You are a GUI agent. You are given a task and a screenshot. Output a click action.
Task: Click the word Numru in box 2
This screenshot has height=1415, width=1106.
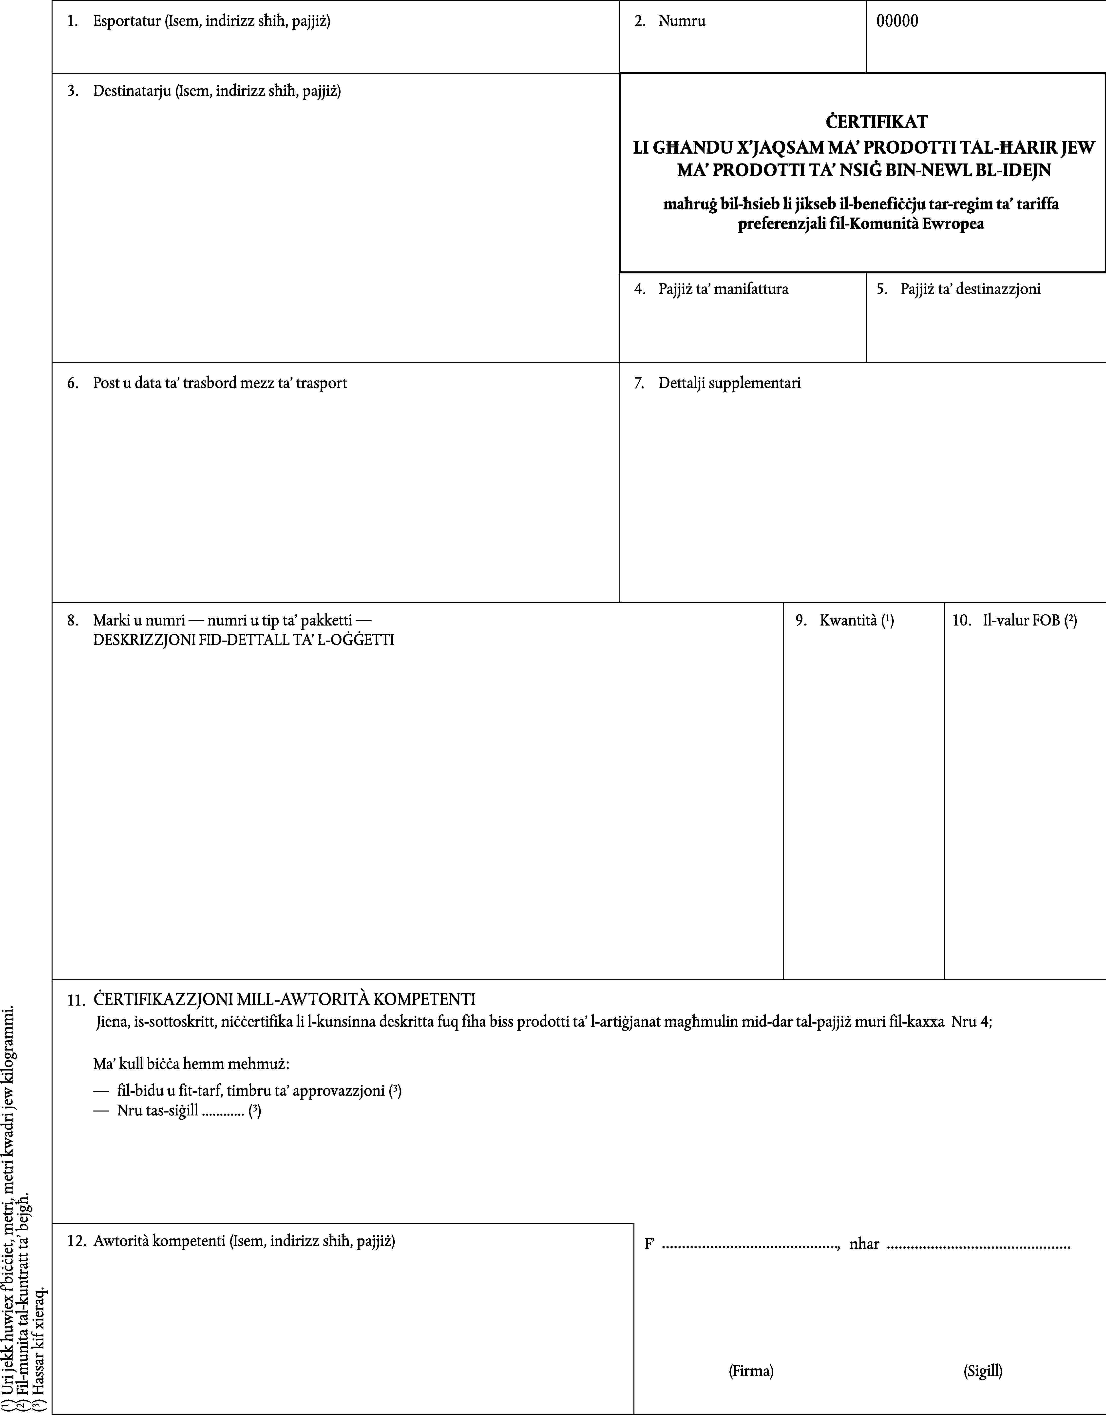click(682, 21)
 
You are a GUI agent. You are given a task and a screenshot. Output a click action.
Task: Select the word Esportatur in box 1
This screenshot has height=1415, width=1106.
click(127, 21)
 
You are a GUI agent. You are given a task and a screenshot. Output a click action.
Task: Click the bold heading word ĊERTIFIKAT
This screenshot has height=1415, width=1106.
click(861, 122)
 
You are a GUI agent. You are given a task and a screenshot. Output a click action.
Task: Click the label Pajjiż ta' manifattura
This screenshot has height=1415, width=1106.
click(723, 289)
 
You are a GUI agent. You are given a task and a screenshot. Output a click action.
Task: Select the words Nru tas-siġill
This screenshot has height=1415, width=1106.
click(157, 1111)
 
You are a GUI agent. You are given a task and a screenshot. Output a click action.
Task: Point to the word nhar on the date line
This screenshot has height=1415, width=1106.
click(864, 1244)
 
